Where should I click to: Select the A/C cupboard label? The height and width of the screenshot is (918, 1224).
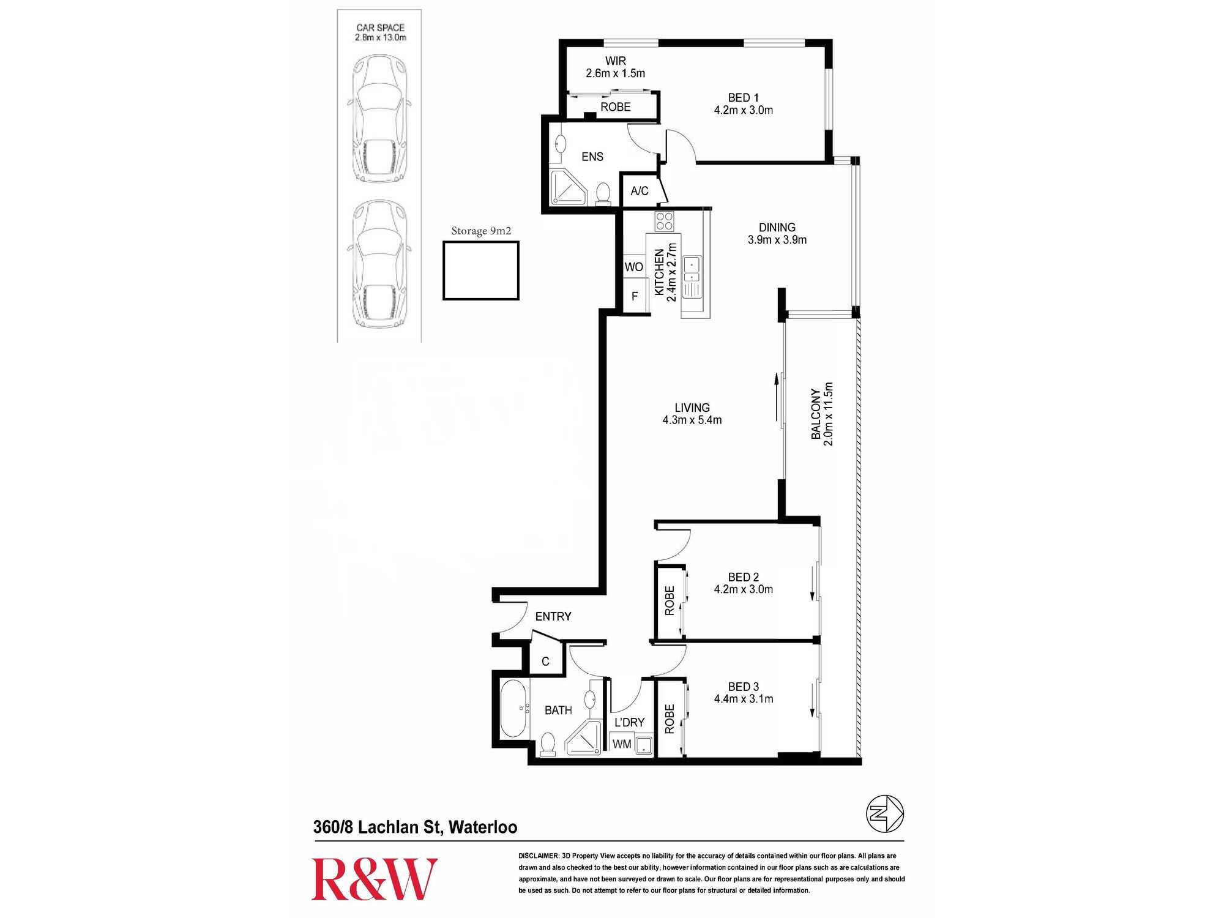pos(639,191)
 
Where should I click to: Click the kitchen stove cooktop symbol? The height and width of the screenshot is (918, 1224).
pos(664,221)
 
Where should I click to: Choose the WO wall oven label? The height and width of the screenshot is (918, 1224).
pos(633,267)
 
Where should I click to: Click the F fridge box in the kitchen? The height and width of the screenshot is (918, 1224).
pos(635,296)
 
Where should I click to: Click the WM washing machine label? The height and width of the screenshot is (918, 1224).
pos(621,744)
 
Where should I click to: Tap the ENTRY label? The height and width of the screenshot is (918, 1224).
pos(553,616)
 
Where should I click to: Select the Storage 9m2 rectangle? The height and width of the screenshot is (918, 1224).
pos(481,271)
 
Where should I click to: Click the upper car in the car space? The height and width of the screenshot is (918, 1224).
pos(379,119)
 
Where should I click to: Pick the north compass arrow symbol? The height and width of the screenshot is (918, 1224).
pos(884,813)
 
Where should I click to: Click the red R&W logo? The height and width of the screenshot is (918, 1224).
pos(374,879)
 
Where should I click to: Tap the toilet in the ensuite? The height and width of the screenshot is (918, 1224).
pos(603,194)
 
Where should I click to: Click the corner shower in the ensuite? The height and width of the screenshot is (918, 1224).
pos(569,187)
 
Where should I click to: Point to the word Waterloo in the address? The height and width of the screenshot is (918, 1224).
pos(482,827)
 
